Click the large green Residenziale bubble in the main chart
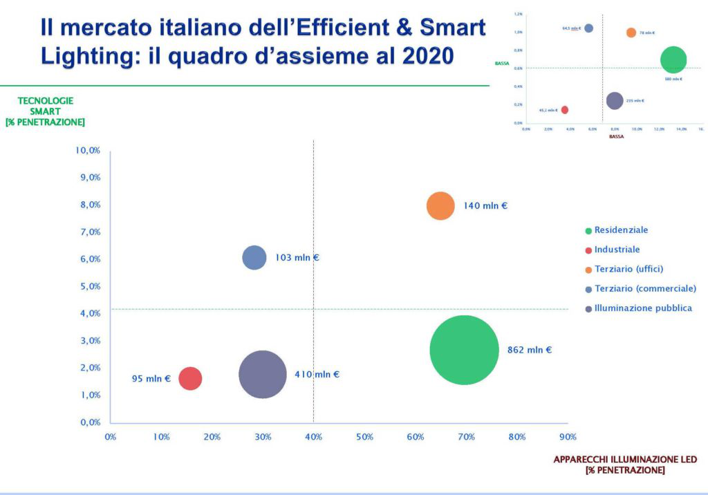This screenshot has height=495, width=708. tap(464, 350)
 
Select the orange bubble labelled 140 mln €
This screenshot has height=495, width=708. tap(440, 206)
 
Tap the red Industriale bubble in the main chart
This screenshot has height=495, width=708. tap(190, 378)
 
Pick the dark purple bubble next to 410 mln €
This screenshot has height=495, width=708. tap(263, 375)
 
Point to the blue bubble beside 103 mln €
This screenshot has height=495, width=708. tap(254, 258)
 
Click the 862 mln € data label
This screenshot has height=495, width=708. tap(530, 350)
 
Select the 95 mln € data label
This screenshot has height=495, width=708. tap(151, 379)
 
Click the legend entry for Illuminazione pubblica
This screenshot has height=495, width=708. tap(643, 308)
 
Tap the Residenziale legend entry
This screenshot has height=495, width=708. tap(621, 230)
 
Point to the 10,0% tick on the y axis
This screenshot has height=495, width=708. tap(88, 150)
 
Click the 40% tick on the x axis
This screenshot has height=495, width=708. tap(313, 437)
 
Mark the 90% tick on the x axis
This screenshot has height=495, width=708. tap(568, 437)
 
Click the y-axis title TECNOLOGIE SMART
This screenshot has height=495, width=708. tap(45, 106)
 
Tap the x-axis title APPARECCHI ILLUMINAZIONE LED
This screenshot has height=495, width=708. tap(625, 460)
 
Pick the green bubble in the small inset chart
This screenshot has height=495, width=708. tap(673, 59)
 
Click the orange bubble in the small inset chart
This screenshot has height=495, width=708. tap(631, 32)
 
